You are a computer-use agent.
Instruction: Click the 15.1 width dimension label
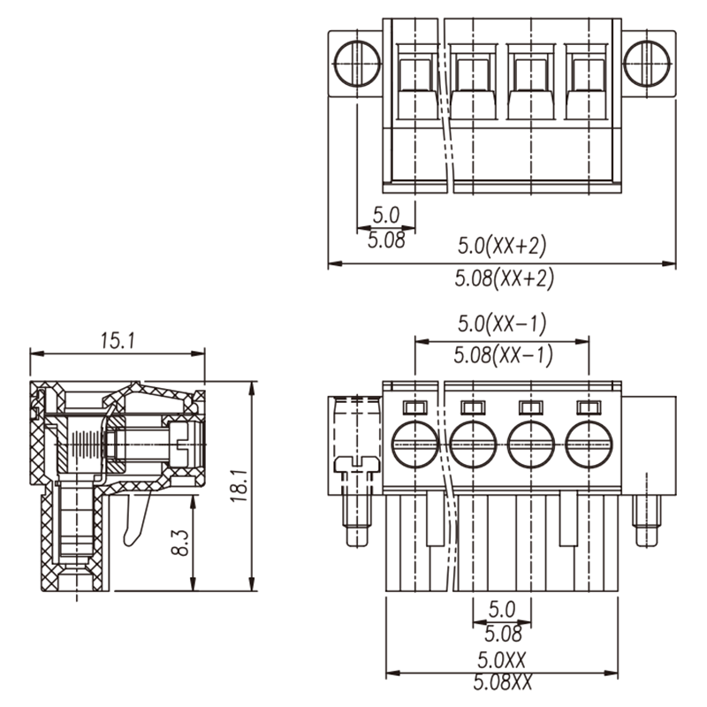[x=118, y=340]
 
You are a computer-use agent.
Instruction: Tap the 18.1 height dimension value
[x=239, y=485]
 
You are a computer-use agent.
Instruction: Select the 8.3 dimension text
[x=180, y=543]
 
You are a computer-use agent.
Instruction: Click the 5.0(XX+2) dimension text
[x=502, y=246]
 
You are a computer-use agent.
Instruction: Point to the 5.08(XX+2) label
[x=504, y=278]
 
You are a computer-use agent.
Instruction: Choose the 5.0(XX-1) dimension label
[x=502, y=323]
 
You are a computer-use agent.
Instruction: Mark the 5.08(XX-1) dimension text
[x=503, y=355]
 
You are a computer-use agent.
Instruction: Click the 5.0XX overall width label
[x=501, y=660]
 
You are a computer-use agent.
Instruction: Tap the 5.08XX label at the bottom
[x=502, y=682]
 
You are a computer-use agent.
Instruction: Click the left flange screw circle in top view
[x=358, y=64]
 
